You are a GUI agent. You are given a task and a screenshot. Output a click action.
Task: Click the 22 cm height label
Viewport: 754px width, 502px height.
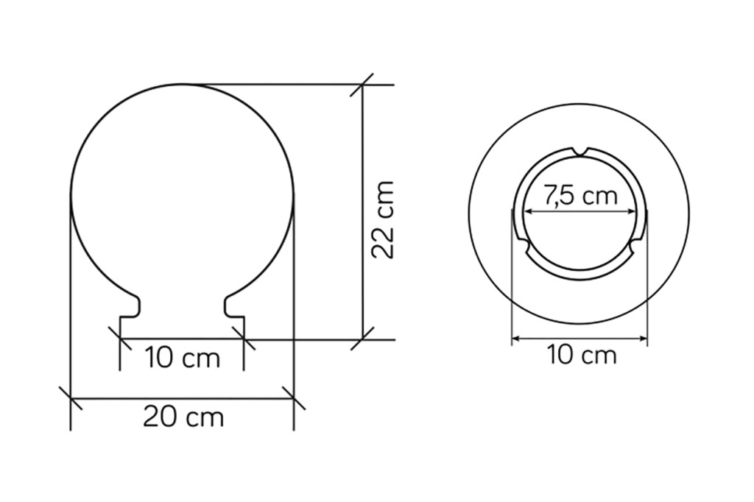tap(383, 220)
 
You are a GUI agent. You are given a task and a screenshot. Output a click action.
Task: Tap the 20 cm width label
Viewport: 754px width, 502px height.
tap(183, 417)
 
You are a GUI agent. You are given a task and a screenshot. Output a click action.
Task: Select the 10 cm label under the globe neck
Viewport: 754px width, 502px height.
tap(183, 358)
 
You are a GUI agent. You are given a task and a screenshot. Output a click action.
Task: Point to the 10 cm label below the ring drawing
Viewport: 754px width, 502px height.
tap(581, 356)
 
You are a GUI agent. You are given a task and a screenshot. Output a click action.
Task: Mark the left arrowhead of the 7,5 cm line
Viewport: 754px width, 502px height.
tap(528, 211)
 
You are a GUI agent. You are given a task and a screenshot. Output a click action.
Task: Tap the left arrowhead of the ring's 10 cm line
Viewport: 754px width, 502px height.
tap(516, 339)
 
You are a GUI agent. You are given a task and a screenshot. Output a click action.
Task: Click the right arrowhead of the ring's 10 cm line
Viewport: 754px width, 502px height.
tap(642, 339)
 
